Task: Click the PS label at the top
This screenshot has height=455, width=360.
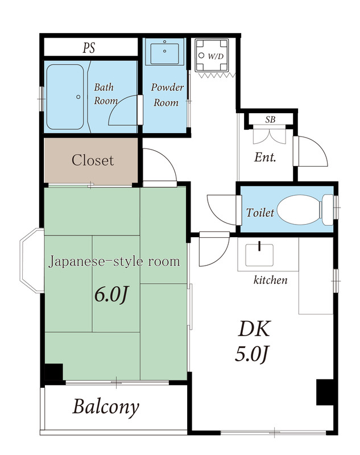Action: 89,48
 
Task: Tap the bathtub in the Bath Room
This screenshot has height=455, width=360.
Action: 66,96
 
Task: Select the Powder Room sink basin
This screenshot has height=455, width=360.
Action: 164,53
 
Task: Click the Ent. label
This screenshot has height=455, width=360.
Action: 265,158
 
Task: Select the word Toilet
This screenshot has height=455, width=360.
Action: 260,213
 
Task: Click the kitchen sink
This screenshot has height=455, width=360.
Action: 259,255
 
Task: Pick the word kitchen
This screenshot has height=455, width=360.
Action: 270,280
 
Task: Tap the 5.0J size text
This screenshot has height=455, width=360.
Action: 252,354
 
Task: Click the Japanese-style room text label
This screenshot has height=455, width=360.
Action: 114,262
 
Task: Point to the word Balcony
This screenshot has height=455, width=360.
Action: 105,407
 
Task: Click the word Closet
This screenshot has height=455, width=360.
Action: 92,160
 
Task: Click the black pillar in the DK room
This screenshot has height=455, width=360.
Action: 324,392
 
